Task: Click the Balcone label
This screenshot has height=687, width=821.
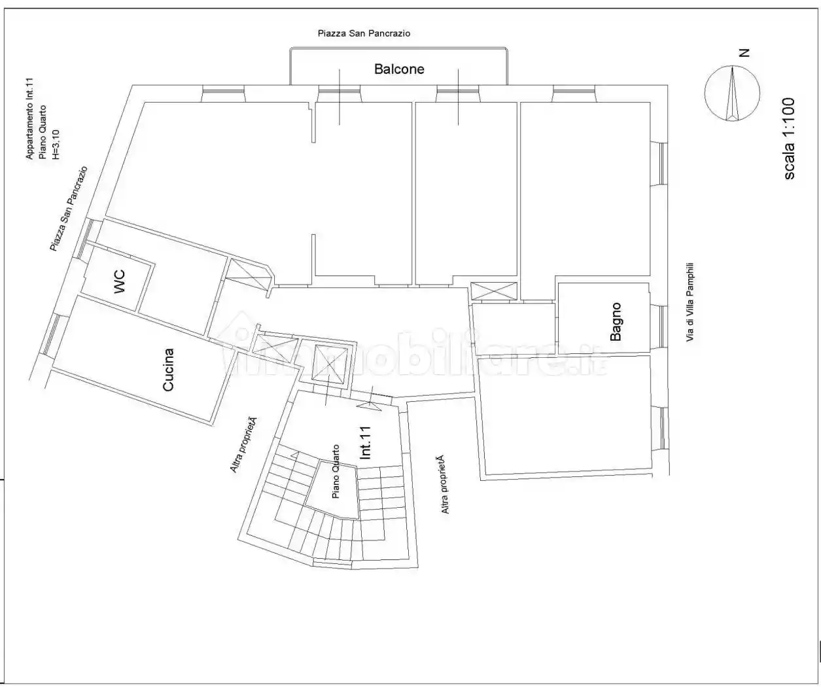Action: click(x=399, y=69)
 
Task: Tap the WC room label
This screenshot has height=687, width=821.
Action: click(x=119, y=281)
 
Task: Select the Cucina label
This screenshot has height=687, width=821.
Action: click(x=168, y=370)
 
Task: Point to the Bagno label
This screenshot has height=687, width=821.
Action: click(x=616, y=322)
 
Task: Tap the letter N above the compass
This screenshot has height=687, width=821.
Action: click(x=744, y=53)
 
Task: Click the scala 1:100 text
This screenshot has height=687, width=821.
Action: click(x=789, y=139)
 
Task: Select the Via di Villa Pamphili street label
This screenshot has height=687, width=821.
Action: click(x=690, y=302)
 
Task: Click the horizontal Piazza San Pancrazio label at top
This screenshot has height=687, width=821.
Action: click(x=364, y=33)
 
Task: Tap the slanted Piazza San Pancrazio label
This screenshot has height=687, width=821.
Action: click(x=69, y=209)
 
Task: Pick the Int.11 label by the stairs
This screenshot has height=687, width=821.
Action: click(x=365, y=443)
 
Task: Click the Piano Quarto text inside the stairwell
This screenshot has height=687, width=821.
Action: click(x=336, y=472)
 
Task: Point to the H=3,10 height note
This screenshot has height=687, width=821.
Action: click(x=56, y=145)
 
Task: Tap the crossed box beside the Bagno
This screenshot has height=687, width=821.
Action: click(x=493, y=291)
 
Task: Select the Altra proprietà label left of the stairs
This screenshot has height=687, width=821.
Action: click(x=244, y=445)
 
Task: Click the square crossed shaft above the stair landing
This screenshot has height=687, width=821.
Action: click(x=328, y=363)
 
